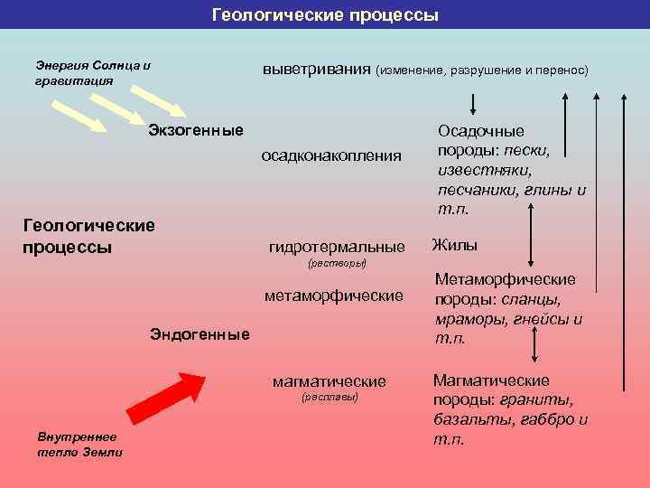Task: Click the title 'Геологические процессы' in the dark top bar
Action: pos(325,15)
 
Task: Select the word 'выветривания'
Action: pos(317,70)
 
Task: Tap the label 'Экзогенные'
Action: pos(196,131)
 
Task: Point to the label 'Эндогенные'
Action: pos(199,334)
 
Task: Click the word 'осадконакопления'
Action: pos(331,155)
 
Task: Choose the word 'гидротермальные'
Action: pos(337,247)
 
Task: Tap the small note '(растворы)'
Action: pos(337,264)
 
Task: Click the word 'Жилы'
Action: pos(455,245)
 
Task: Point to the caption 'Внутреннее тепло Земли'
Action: pos(79,445)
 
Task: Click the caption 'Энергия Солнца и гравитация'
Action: pos(93,72)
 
